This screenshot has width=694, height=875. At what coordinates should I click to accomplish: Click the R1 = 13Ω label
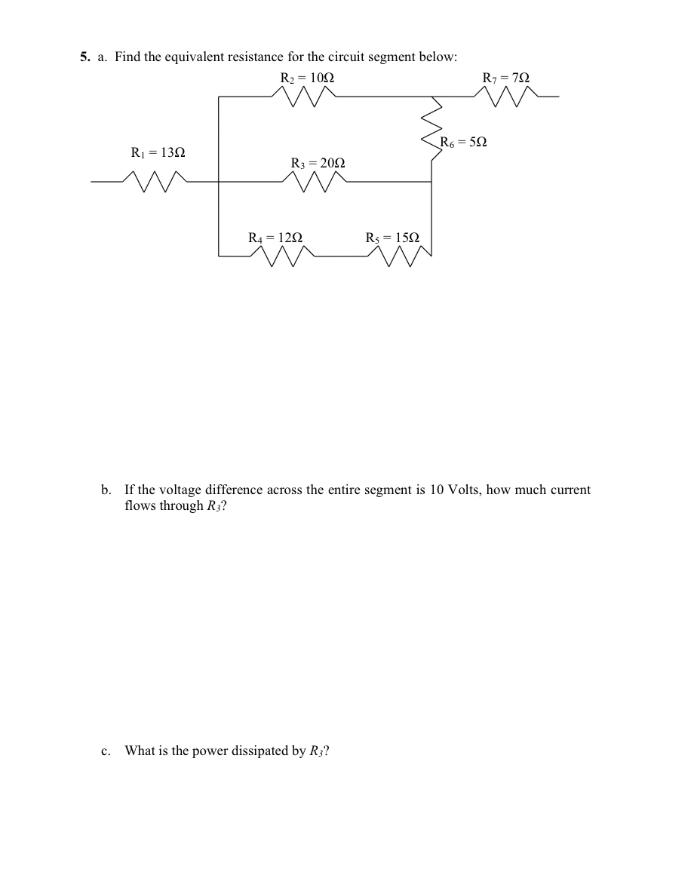(x=158, y=153)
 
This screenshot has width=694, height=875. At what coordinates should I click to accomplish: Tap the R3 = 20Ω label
(x=318, y=163)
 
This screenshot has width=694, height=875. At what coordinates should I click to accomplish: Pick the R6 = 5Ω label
(x=464, y=141)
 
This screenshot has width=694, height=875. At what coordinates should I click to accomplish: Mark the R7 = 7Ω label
(x=506, y=78)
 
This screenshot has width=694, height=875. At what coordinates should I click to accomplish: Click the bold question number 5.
(x=84, y=57)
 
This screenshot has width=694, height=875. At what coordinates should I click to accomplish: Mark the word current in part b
(x=570, y=490)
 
